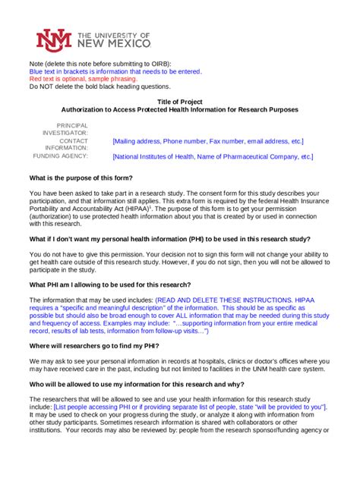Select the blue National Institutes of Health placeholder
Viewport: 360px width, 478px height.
point(212,157)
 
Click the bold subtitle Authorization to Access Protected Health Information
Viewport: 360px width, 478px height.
point(179,110)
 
